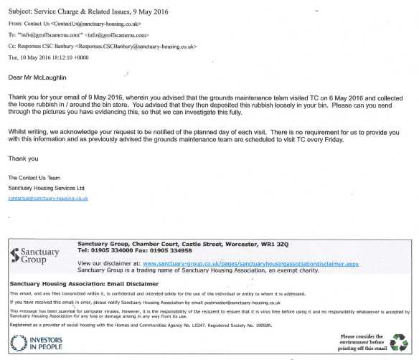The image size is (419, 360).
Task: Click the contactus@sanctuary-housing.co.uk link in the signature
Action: click(x=47, y=198)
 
